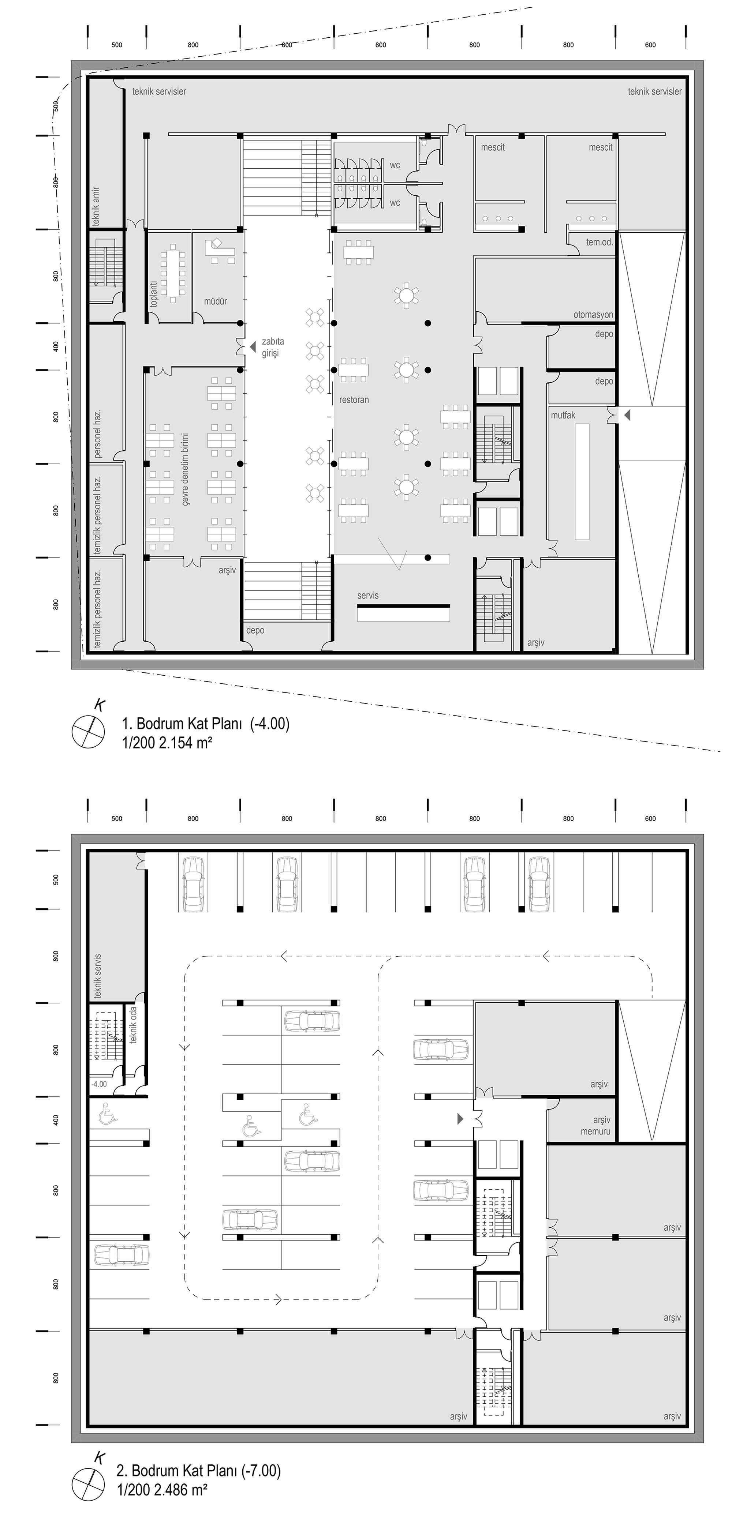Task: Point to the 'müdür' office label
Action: point(216,301)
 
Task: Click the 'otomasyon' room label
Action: point(593,315)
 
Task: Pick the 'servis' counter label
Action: point(368,595)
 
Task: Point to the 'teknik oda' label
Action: point(134,1025)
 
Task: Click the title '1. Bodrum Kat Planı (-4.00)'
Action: point(205,723)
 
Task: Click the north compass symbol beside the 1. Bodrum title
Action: point(89,731)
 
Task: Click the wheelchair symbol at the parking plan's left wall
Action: point(109,1113)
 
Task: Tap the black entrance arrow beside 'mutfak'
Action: point(627,416)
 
